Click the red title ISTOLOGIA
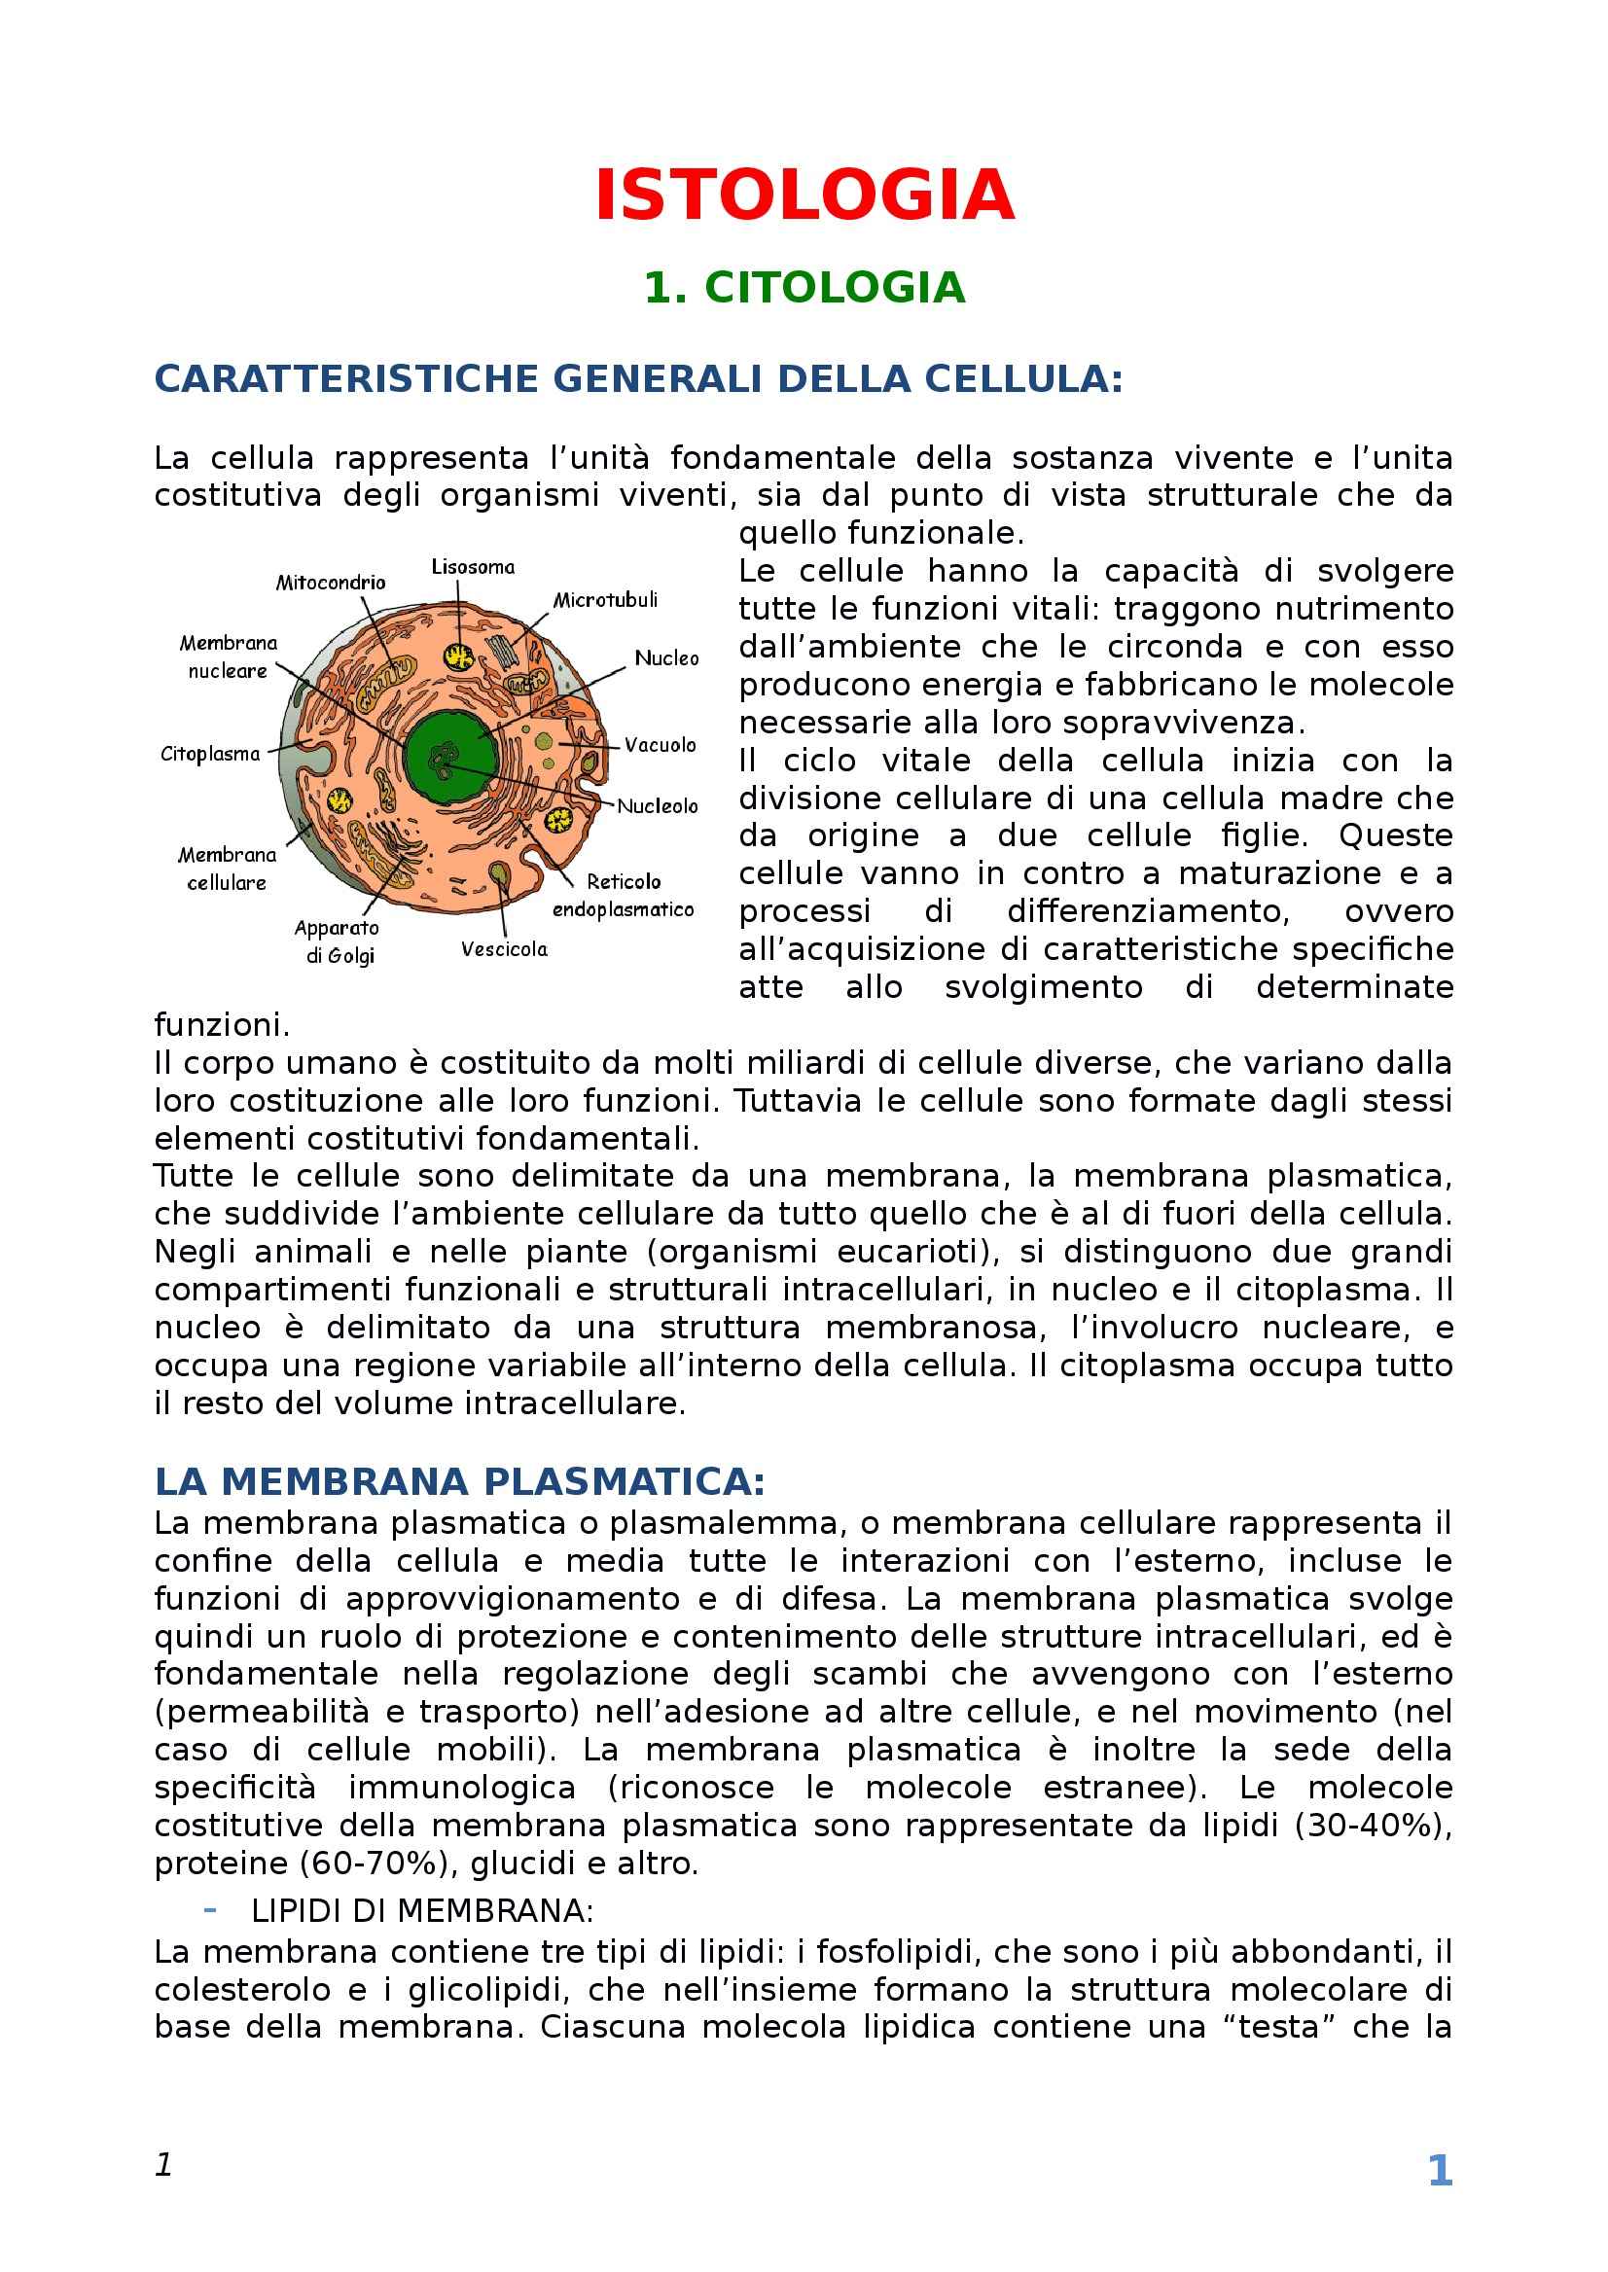[804, 196]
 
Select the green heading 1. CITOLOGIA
[804, 288]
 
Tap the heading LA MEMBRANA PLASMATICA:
[459, 1481]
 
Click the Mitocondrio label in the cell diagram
[331, 584]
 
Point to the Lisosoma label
[474, 567]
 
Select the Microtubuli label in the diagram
[604, 600]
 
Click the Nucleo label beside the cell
[666, 658]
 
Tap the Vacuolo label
[660, 744]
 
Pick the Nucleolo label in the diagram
[658, 806]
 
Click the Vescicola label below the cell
[504, 949]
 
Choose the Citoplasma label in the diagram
[210, 754]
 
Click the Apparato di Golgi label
[338, 941]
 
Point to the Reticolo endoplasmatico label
[623, 895]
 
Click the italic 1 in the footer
[164, 2165]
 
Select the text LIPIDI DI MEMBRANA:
[422, 1910]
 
